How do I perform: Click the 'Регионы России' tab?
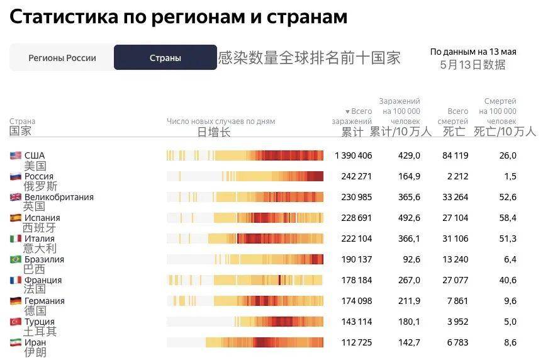point(62,58)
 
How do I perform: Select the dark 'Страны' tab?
point(165,58)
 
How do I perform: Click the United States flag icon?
point(16,155)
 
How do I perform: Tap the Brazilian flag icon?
point(16,259)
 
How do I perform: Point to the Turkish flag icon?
point(16,322)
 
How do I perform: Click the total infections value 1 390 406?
point(353,155)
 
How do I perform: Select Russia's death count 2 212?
point(456,176)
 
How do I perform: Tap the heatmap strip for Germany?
point(245,301)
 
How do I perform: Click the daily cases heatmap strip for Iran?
point(245,342)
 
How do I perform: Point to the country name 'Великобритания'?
point(59,197)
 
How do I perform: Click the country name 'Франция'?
point(43,280)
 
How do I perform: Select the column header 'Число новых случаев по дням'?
point(221,121)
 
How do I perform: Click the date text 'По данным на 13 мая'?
point(473,52)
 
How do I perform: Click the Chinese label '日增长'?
point(214,132)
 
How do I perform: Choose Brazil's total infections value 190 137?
point(355,259)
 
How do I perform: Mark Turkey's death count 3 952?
point(456,322)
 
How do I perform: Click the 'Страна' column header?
point(22,121)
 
